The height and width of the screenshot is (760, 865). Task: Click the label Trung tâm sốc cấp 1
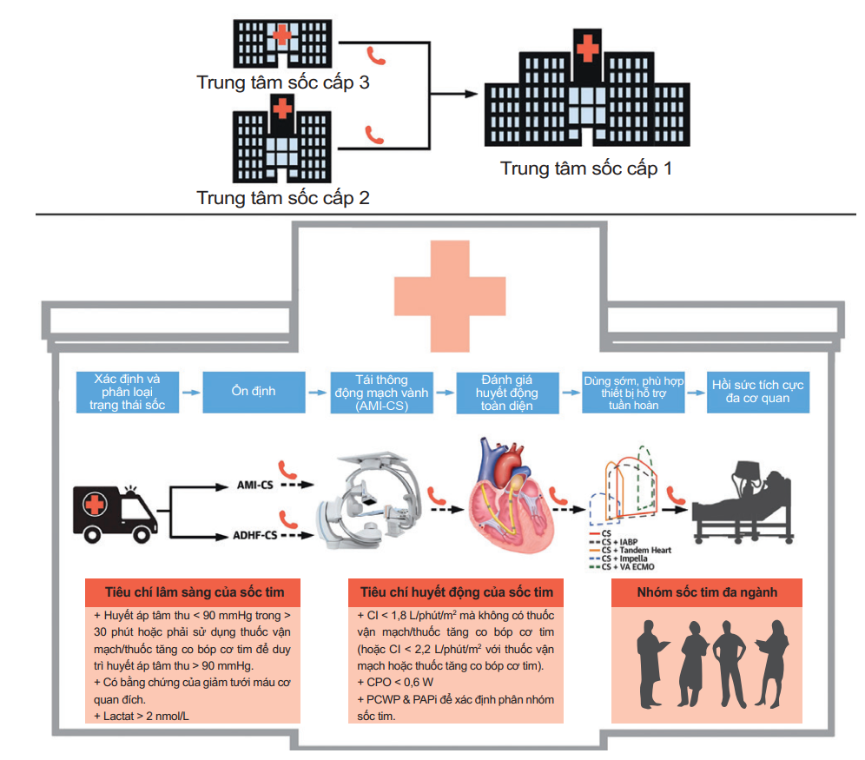point(586,168)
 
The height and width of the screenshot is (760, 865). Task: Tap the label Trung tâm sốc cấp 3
point(283,83)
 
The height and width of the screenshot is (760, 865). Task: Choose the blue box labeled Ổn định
point(254,391)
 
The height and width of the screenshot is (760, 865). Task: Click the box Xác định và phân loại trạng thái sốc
point(129,392)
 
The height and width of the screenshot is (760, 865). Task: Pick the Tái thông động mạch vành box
point(380,392)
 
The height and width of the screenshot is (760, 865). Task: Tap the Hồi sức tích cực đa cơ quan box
point(757,392)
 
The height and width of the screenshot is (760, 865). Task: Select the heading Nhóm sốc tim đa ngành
point(707,593)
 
